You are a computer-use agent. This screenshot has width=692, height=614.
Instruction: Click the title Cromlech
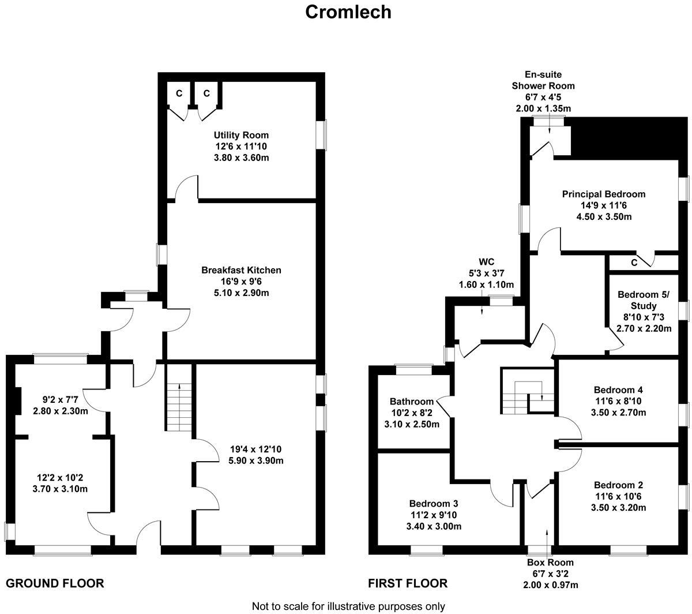pyautogui.click(x=348, y=12)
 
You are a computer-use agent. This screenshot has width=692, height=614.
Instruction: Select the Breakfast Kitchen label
pyautogui.click(x=241, y=270)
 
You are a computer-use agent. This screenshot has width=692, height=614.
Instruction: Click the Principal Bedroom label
pyautogui.click(x=604, y=194)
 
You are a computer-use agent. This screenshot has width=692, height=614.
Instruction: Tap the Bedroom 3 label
pyautogui.click(x=434, y=503)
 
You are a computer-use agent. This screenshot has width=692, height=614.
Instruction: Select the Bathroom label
pyautogui.click(x=411, y=402)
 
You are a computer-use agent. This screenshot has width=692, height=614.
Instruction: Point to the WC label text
pyautogui.click(x=486, y=262)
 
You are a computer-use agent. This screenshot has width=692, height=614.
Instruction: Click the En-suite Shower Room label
pyautogui.click(x=543, y=80)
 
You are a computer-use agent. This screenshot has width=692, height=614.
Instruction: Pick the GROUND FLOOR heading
pyautogui.click(x=55, y=583)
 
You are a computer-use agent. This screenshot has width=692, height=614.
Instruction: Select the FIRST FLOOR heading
pyautogui.click(x=408, y=583)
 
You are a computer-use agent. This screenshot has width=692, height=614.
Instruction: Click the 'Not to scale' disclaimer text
pyautogui.click(x=348, y=606)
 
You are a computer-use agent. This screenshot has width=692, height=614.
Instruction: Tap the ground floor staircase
pyautogui.click(x=179, y=398)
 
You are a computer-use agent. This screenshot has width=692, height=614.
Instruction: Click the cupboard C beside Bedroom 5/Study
pyautogui.click(x=634, y=263)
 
